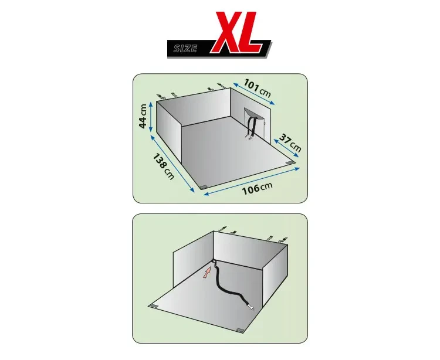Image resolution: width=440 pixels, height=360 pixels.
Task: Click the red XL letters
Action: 239,32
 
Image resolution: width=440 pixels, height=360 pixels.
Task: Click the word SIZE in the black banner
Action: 185,49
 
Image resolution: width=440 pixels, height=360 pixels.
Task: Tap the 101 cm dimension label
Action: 257,88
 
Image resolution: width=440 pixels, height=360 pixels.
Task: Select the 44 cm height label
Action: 143,116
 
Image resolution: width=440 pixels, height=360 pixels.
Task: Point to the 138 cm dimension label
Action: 163,167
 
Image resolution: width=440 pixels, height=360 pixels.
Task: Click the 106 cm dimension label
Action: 257,188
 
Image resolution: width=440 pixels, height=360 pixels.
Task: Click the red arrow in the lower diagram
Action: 207,272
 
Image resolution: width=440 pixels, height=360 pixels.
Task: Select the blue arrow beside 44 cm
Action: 151,117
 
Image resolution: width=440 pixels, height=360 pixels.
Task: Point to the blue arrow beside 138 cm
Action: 172,164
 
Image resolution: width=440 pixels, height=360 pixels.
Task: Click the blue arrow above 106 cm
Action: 252,181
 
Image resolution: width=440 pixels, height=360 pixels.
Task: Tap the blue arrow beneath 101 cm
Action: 254,94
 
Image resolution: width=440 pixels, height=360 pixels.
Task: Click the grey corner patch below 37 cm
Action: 290,163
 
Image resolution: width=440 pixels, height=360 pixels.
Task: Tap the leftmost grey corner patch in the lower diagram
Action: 154,305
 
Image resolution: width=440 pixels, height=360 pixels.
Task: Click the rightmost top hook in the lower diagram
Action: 282,240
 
